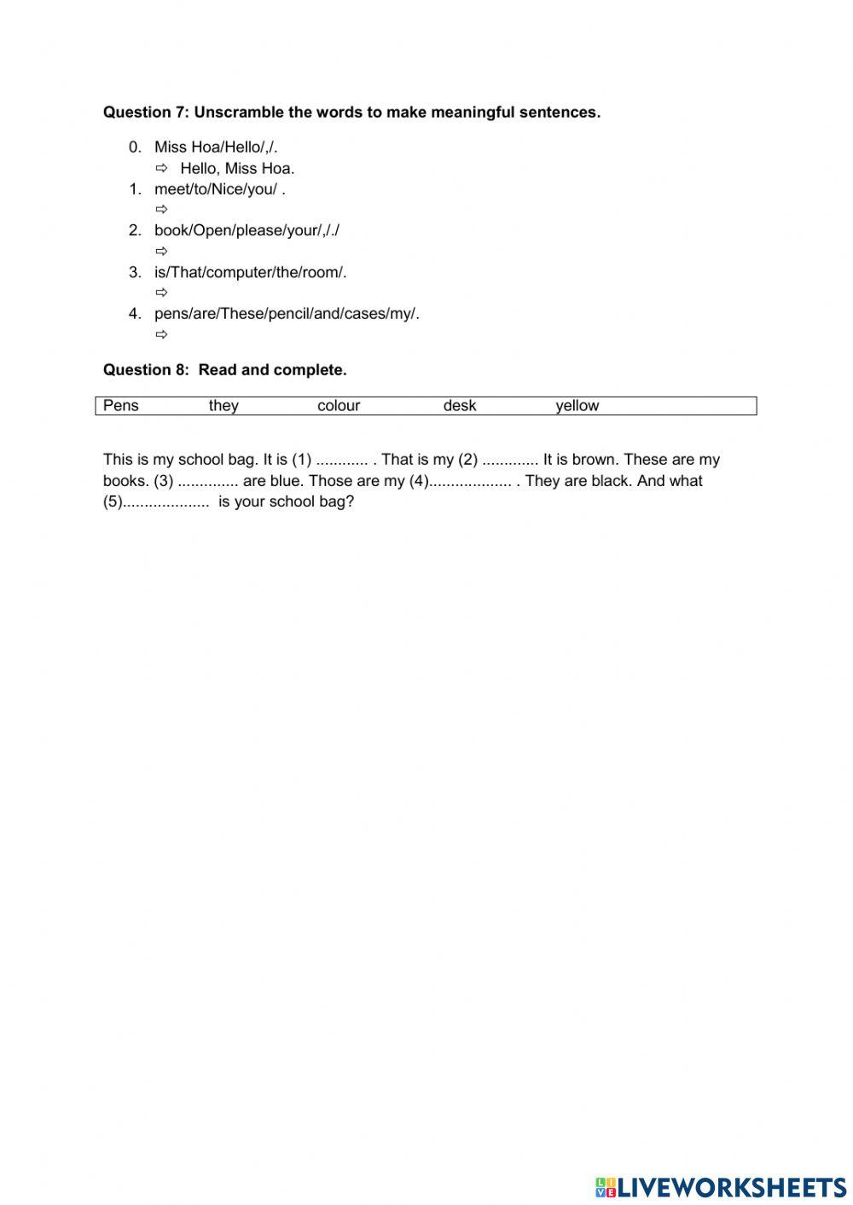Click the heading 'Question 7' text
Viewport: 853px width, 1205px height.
145,113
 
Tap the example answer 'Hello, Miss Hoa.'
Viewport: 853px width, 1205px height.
237,168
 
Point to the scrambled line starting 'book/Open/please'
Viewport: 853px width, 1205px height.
247,230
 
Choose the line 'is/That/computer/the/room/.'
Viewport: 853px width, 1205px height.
250,272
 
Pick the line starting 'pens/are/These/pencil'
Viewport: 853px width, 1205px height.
287,314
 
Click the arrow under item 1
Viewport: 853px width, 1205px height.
161,210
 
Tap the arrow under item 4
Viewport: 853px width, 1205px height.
161,334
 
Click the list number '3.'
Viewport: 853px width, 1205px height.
135,272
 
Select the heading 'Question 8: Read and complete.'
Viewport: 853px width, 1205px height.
224,370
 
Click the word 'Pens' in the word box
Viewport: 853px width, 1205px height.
120,406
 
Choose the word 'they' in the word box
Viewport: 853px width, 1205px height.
223,406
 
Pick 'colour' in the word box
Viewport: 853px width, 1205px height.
339,406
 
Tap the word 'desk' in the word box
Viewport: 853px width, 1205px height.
460,406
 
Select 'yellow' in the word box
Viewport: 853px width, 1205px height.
577,406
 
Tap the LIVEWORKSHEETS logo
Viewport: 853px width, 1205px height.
721,1186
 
